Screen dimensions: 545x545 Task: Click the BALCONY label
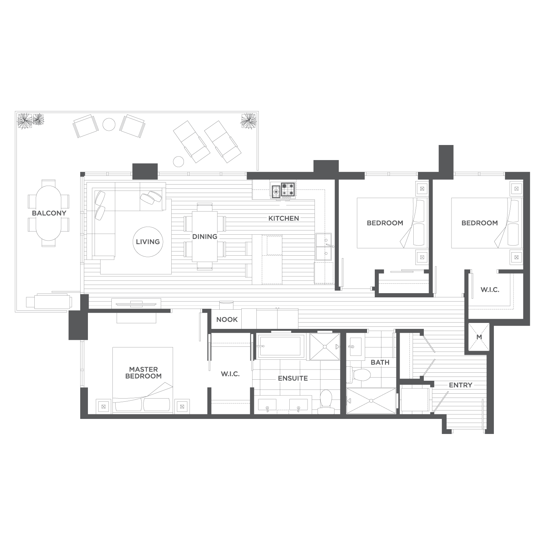(49, 213)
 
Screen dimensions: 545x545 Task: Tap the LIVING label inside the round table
(148, 242)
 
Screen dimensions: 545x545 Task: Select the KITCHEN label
(284, 219)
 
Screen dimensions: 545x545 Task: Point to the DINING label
(205, 236)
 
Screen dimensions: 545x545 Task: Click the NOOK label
(227, 319)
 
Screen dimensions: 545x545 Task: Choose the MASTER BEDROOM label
(144, 373)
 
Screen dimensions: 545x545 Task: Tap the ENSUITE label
(293, 378)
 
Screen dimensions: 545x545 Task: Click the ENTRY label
(461, 385)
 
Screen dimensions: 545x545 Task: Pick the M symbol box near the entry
(479, 337)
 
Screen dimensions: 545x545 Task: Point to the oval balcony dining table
(49, 213)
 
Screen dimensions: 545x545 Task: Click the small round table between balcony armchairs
(109, 124)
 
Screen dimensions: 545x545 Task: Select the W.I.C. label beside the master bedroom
(230, 374)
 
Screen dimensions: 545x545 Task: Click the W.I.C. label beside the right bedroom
(490, 290)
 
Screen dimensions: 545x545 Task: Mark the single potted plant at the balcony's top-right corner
(249, 120)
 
